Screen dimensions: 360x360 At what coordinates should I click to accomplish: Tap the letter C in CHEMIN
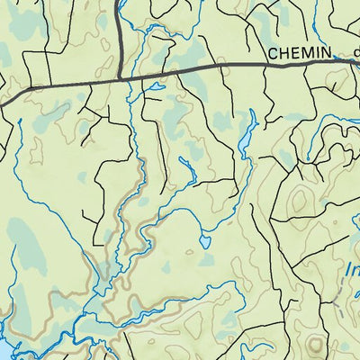point(273,54)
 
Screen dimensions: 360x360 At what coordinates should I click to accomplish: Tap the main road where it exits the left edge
point(3,103)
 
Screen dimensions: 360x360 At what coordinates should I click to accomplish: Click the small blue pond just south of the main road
point(156,87)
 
